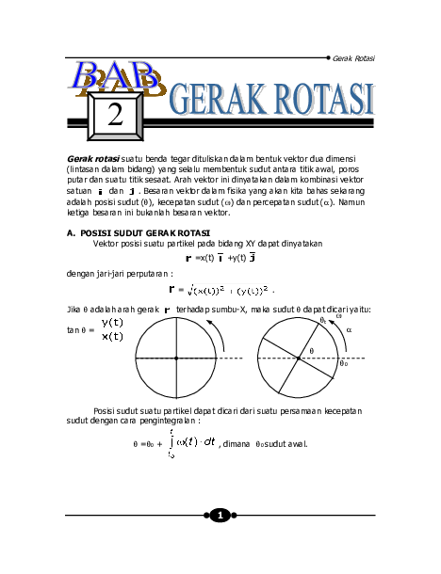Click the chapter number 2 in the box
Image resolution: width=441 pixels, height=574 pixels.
(x=115, y=114)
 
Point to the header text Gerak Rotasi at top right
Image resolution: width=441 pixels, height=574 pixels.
(x=353, y=58)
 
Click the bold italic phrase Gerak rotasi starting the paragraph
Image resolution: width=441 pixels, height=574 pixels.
(x=93, y=158)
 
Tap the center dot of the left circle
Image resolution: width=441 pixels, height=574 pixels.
(x=176, y=359)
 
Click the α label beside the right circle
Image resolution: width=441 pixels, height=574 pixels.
(x=349, y=330)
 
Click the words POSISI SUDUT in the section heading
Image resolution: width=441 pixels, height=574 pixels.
(x=111, y=231)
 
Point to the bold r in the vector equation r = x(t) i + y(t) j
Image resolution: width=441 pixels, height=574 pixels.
(x=188, y=256)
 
